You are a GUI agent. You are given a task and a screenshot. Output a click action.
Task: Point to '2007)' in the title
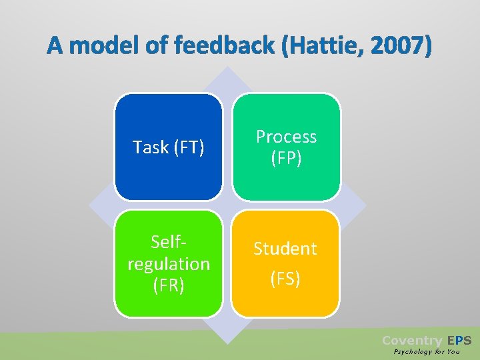click(x=399, y=46)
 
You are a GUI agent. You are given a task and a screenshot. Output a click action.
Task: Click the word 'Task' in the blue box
click(x=151, y=147)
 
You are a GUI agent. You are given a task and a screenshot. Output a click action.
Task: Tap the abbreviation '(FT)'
click(x=188, y=147)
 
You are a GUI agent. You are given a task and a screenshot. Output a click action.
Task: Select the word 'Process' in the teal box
click(x=286, y=137)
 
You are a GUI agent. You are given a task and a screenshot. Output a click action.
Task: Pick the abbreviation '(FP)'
click(x=286, y=158)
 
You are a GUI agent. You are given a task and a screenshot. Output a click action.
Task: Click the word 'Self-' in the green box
click(x=169, y=243)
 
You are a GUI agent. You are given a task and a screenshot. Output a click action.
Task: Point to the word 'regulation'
click(x=169, y=264)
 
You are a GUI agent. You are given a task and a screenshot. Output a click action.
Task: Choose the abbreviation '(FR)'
click(x=169, y=285)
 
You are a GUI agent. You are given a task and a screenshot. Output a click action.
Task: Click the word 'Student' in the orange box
click(x=285, y=249)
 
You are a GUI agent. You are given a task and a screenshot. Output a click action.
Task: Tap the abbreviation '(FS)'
click(x=285, y=278)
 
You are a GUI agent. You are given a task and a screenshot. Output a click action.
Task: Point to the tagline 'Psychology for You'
click(x=426, y=351)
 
